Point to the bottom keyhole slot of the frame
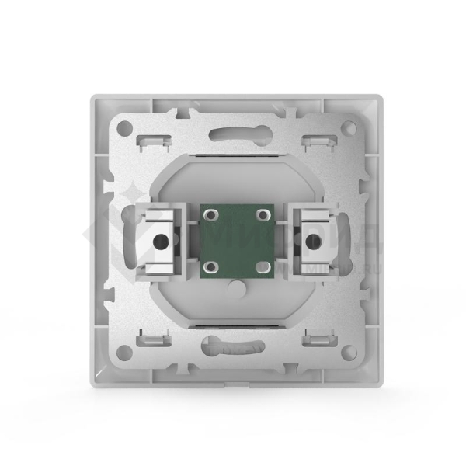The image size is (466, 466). [x=234, y=343]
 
